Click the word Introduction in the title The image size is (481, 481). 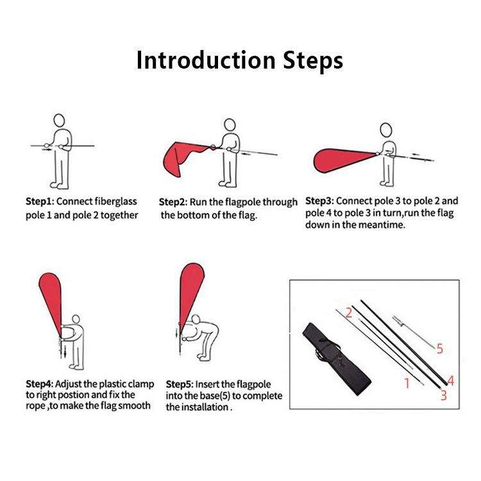(x=206, y=60)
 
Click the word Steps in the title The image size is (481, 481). (x=312, y=61)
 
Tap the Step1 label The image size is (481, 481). (x=40, y=201)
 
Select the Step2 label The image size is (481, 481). (x=173, y=202)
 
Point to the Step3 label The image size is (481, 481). (x=319, y=201)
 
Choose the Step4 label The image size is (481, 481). (x=40, y=384)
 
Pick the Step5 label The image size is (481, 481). (x=180, y=384)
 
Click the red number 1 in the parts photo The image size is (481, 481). (x=407, y=383)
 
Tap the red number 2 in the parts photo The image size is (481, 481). (x=349, y=313)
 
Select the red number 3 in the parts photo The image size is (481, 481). (x=444, y=396)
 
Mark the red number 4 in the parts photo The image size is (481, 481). (x=451, y=381)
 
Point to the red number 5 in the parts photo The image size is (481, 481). (x=440, y=349)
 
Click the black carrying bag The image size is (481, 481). (x=336, y=359)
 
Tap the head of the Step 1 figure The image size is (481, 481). (x=59, y=121)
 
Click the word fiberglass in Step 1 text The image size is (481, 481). (x=115, y=202)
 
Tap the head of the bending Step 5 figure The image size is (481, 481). (x=196, y=319)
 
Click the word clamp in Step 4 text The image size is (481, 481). (x=141, y=385)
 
